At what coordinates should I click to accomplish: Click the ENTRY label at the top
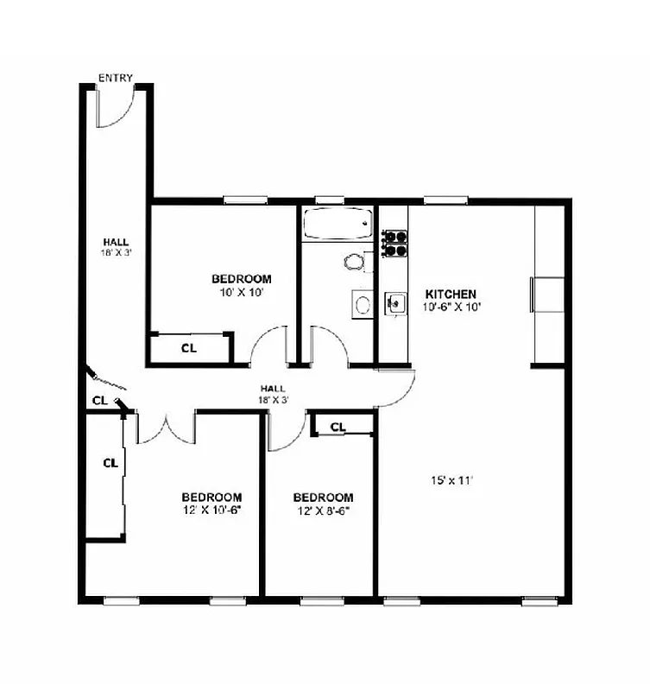[x=116, y=78]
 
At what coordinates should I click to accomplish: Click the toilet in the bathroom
[x=355, y=260]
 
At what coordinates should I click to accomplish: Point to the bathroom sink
[x=363, y=304]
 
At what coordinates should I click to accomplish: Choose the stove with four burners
[x=394, y=243]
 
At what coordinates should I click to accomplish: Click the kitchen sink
[x=394, y=303]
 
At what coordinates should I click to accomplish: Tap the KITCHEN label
[x=450, y=294]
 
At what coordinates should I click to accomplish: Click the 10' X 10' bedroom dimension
[x=241, y=292]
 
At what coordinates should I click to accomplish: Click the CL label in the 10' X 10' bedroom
[x=188, y=348]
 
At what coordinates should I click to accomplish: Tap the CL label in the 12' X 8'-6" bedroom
[x=338, y=427]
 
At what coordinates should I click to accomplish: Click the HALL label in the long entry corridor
[x=117, y=242]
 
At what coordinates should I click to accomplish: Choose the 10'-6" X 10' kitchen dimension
[x=451, y=307]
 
